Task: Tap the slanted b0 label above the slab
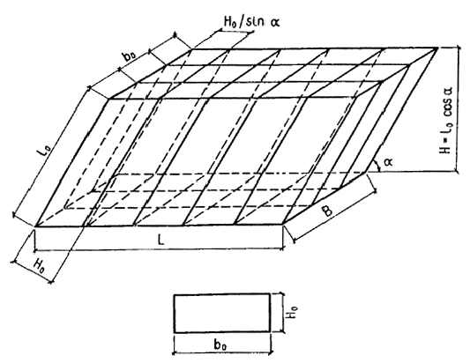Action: click(x=130, y=56)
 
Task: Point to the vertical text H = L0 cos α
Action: click(x=446, y=120)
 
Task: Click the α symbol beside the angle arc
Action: click(x=388, y=162)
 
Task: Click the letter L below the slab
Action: click(x=161, y=241)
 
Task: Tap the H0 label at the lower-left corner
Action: click(x=40, y=265)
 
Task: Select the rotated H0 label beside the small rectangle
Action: click(x=293, y=312)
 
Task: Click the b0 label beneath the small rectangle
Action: click(x=220, y=345)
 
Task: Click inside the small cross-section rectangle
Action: click(x=222, y=314)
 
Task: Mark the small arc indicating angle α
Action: click(x=377, y=166)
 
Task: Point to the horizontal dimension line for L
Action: click(x=159, y=248)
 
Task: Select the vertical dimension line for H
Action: click(x=458, y=109)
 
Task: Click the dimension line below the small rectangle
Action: click(x=222, y=353)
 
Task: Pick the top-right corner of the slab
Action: click(x=437, y=48)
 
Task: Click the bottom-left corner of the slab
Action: click(x=35, y=226)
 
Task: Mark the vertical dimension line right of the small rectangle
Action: click(x=281, y=313)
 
